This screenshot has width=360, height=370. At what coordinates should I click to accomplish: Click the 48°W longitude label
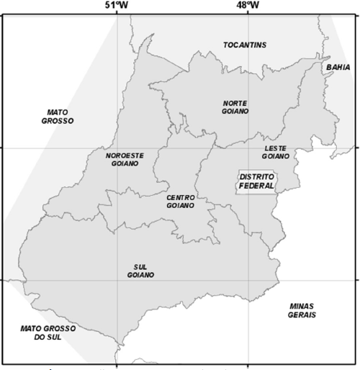[249, 6]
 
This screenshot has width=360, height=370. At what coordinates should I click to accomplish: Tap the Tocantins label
[245, 45]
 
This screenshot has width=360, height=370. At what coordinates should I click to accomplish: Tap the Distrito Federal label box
[257, 181]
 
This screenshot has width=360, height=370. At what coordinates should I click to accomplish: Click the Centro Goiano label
[181, 201]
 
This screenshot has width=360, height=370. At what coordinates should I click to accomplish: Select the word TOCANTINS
[245, 45]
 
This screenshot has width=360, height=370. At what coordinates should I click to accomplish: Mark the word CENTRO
[181, 197]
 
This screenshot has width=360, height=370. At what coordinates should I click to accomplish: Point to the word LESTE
[276, 147]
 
